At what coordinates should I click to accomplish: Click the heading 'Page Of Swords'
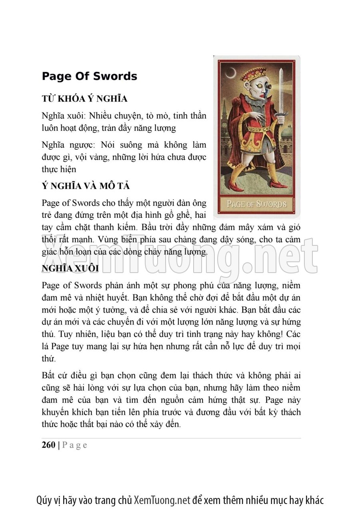(x=89, y=76)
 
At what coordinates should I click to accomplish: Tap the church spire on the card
(x=224, y=108)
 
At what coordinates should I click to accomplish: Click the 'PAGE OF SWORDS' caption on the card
(x=256, y=204)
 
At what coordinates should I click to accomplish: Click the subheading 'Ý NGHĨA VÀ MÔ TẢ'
(x=86, y=186)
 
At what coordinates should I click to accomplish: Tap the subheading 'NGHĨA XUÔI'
(x=70, y=268)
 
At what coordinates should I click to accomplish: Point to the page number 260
(x=48, y=445)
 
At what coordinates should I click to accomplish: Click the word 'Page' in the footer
(x=75, y=445)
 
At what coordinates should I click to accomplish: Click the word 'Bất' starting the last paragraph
(x=48, y=375)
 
